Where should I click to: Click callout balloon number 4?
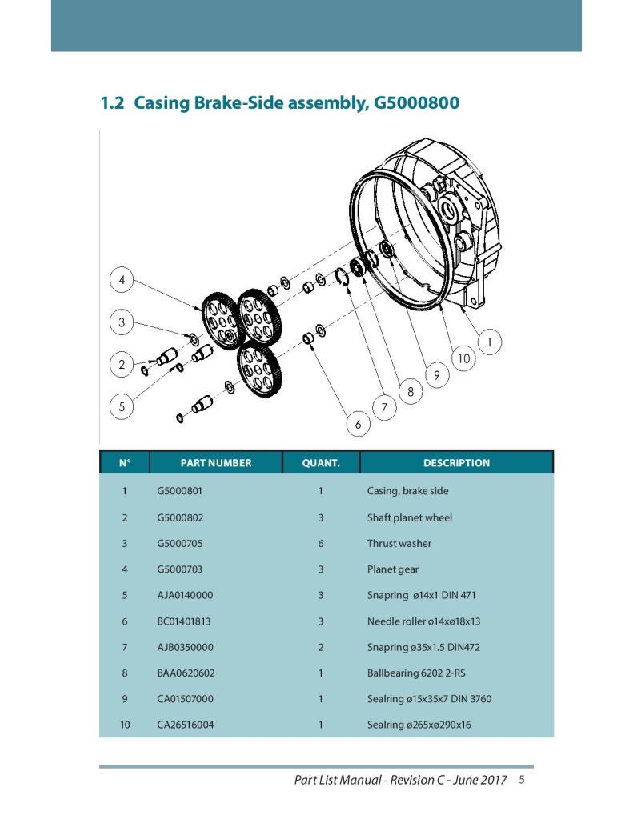[122, 280]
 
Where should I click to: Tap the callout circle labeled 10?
[463, 359]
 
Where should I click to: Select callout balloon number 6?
[358, 424]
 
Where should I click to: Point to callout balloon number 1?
[489, 342]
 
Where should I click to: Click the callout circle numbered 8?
[411, 391]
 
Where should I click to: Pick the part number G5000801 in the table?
[179, 491]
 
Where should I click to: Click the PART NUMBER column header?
[216, 463]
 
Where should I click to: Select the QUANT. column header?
[321, 463]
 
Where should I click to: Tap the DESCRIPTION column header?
[456, 463]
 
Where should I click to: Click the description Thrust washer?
[399, 543]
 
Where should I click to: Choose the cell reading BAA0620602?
[186, 673]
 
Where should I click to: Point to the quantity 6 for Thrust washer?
[320, 543]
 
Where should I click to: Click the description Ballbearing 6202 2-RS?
[416, 673]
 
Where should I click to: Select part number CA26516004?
[185, 725]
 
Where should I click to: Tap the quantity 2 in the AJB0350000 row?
[320, 647]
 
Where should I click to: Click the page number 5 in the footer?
[522, 780]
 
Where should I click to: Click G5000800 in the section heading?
[416, 102]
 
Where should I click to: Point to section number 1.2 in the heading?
[112, 102]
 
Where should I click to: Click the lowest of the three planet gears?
[258, 370]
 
